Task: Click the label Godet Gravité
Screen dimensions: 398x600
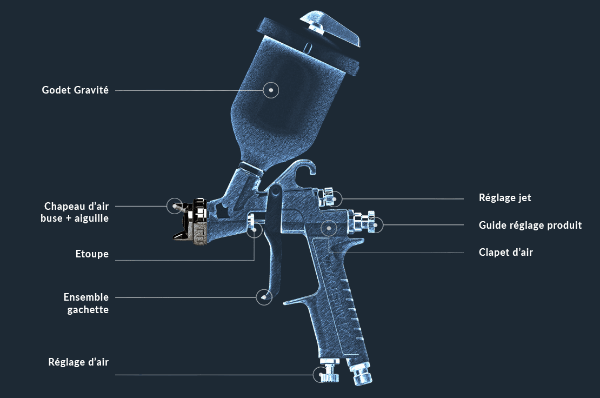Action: pyautogui.click(x=75, y=90)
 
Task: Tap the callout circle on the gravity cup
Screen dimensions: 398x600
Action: pyautogui.click(x=271, y=90)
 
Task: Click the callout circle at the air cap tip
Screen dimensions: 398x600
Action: pyautogui.click(x=174, y=205)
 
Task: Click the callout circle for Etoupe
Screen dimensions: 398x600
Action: pyautogui.click(x=254, y=229)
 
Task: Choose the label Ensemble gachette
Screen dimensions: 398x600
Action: pyautogui.click(x=86, y=303)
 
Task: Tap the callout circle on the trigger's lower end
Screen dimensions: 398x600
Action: pyautogui.click(x=263, y=297)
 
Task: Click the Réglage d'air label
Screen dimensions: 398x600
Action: pyautogui.click(x=78, y=362)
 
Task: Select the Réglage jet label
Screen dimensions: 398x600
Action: pyautogui.click(x=505, y=198)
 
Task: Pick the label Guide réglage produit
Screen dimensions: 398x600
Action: pyautogui.click(x=530, y=225)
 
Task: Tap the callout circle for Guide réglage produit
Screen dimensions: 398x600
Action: pyautogui.click(x=375, y=225)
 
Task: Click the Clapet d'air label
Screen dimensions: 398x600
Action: pyautogui.click(x=506, y=253)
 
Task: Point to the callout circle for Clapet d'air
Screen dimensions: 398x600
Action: pyautogui.click(x=329, y=228)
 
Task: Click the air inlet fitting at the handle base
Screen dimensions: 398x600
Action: pyautogui.click(x=359, y=375)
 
